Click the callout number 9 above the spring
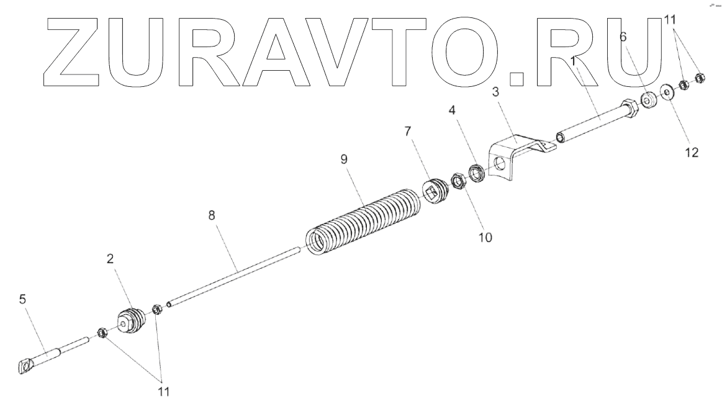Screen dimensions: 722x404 (343, 159)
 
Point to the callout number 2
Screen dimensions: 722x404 (110, 260)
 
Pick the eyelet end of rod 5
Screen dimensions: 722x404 (24, 367)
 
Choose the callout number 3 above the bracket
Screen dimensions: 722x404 (495, 92)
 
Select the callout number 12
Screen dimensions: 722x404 (692, 152)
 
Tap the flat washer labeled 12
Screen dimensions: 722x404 (668, 92)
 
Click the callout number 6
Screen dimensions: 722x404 (623, 37)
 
